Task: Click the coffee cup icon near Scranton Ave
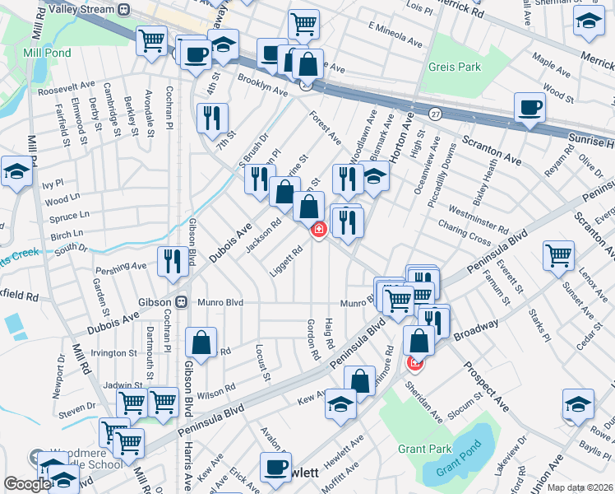point(529,107)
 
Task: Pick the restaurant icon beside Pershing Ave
point(173,262)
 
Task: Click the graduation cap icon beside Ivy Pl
point(16,171)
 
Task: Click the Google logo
point(26,484)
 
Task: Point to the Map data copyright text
point(580,487)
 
